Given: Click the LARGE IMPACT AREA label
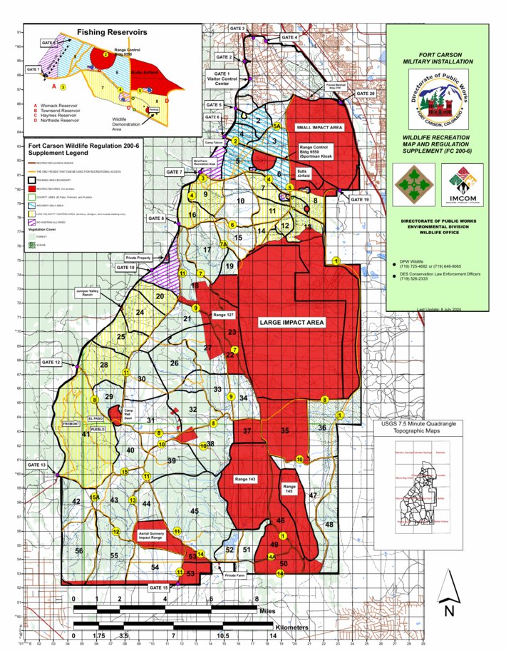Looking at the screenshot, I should tap(291, 323).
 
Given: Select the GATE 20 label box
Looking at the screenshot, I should tap(365, 94).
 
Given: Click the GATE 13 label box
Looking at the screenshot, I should tap(36, 465).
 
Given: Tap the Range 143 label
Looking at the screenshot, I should tap(244, 479).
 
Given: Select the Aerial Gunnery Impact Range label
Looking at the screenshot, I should tap(152, 537).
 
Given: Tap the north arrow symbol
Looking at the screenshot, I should tap(448, 593).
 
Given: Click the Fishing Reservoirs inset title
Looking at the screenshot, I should tap(112, 32).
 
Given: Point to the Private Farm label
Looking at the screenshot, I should tap(234, 574).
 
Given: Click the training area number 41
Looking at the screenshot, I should tap(86, 434).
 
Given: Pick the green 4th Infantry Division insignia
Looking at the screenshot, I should tap(411, 183).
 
